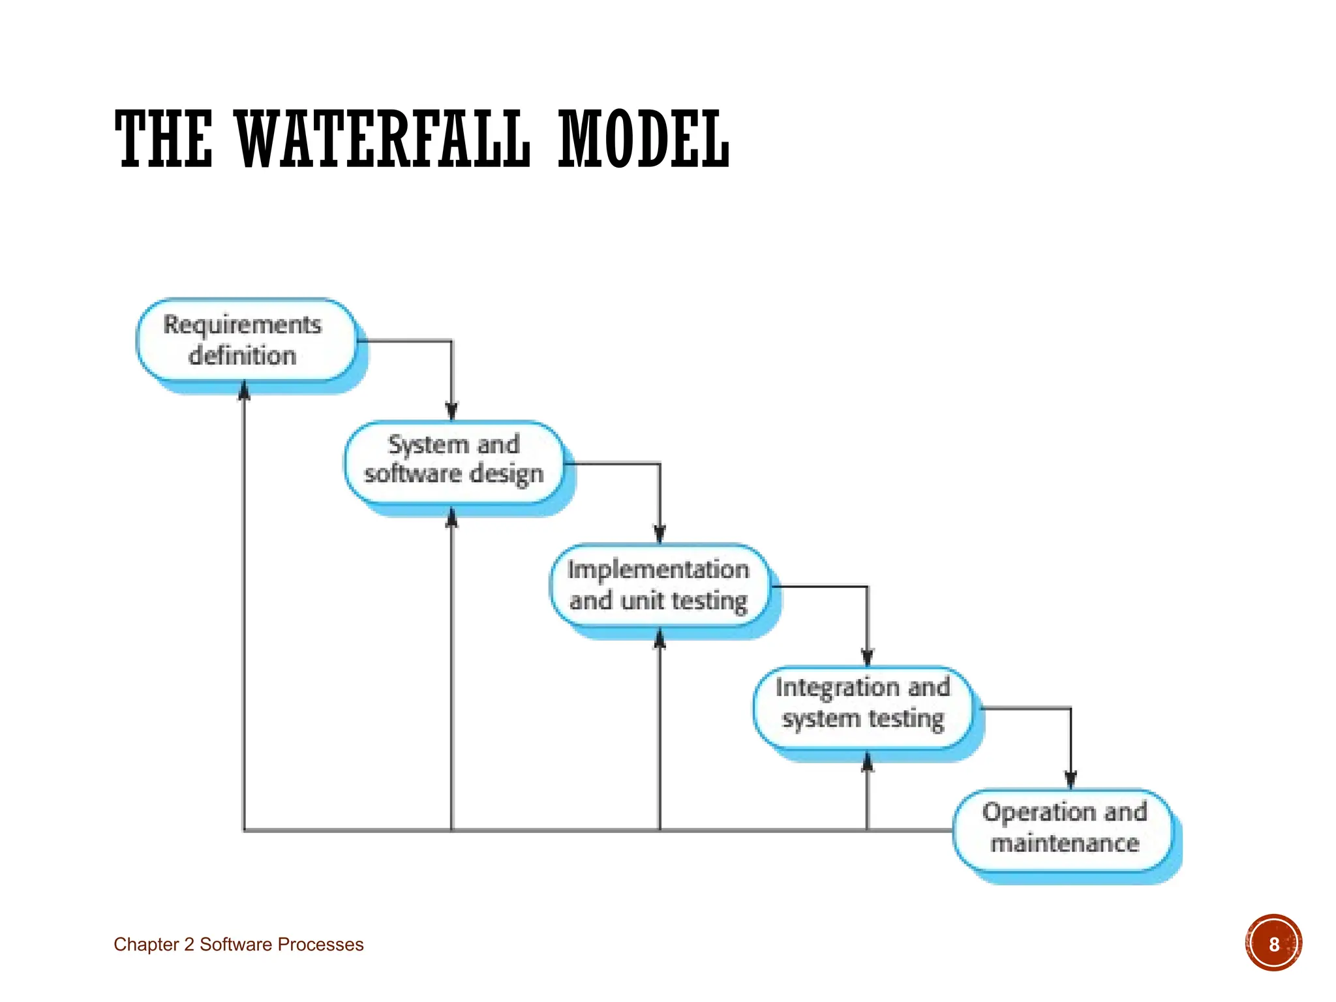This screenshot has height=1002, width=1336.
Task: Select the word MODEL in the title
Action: [643, 139]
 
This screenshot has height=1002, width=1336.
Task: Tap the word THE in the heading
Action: [164, 139]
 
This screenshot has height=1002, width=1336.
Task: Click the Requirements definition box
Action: [246, 340]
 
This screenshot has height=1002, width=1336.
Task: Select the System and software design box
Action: [453, 462]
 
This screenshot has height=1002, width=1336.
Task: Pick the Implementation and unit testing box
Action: [658, 585]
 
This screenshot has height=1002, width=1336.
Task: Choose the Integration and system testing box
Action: [862, 707]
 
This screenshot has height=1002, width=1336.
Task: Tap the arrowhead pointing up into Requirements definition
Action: [244, 390]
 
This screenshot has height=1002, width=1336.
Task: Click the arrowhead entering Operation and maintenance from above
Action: [1070, 780]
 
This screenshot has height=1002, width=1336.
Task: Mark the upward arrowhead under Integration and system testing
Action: [867, 761]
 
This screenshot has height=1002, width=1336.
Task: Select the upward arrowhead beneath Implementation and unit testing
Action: [660, 638]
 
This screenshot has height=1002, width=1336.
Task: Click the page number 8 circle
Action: [1273, 943]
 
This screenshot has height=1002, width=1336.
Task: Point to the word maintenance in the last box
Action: [1065, 843]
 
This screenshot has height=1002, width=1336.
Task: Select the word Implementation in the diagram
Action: [658, 569]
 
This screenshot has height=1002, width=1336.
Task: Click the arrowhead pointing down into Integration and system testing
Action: [867, 658]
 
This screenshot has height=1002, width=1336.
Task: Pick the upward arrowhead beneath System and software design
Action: [451, 517]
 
